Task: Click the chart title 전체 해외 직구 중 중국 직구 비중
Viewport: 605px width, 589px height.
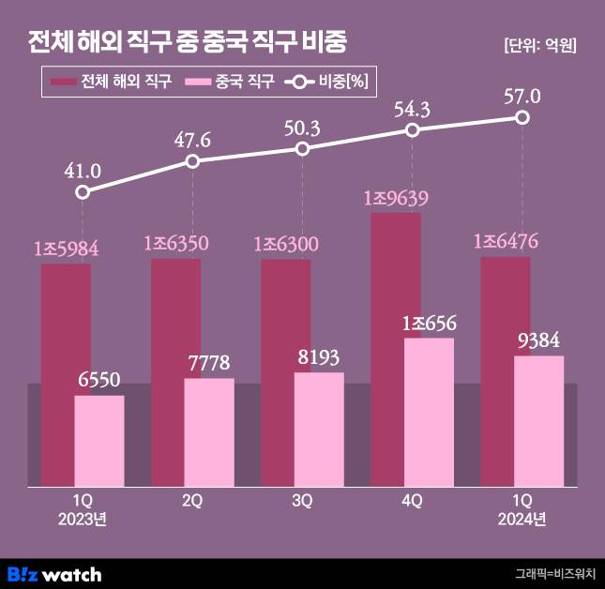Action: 187,42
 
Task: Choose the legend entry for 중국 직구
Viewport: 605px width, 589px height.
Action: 231,83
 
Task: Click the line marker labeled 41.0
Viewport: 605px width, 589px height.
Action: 83,191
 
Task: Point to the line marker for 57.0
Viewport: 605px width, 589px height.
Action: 522,117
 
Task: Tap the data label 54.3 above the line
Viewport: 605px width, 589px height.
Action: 412,110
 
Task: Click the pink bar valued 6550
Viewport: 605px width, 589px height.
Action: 99,440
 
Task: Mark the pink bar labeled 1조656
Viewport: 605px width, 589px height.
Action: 429,412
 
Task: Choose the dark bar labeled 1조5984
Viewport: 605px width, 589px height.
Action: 66,374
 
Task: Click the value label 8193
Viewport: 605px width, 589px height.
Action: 319,358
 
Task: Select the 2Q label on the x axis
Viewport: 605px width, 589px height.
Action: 192,501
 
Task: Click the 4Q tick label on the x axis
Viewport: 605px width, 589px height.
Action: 412,501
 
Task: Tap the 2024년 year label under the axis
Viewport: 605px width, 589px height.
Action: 522,518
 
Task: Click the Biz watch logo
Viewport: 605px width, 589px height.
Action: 54,573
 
